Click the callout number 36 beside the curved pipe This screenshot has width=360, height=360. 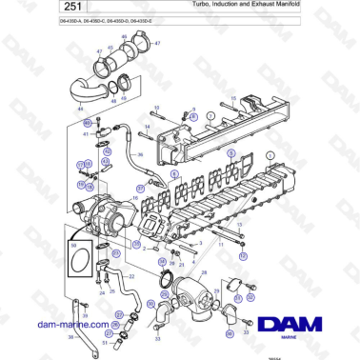coord(139,152)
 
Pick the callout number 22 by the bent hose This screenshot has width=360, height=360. coord(130,276)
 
